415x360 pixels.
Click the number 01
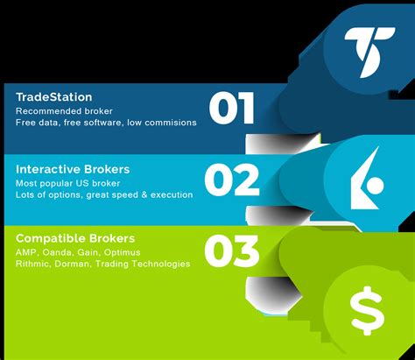(232, 109)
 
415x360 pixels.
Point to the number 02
(232, 180)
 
